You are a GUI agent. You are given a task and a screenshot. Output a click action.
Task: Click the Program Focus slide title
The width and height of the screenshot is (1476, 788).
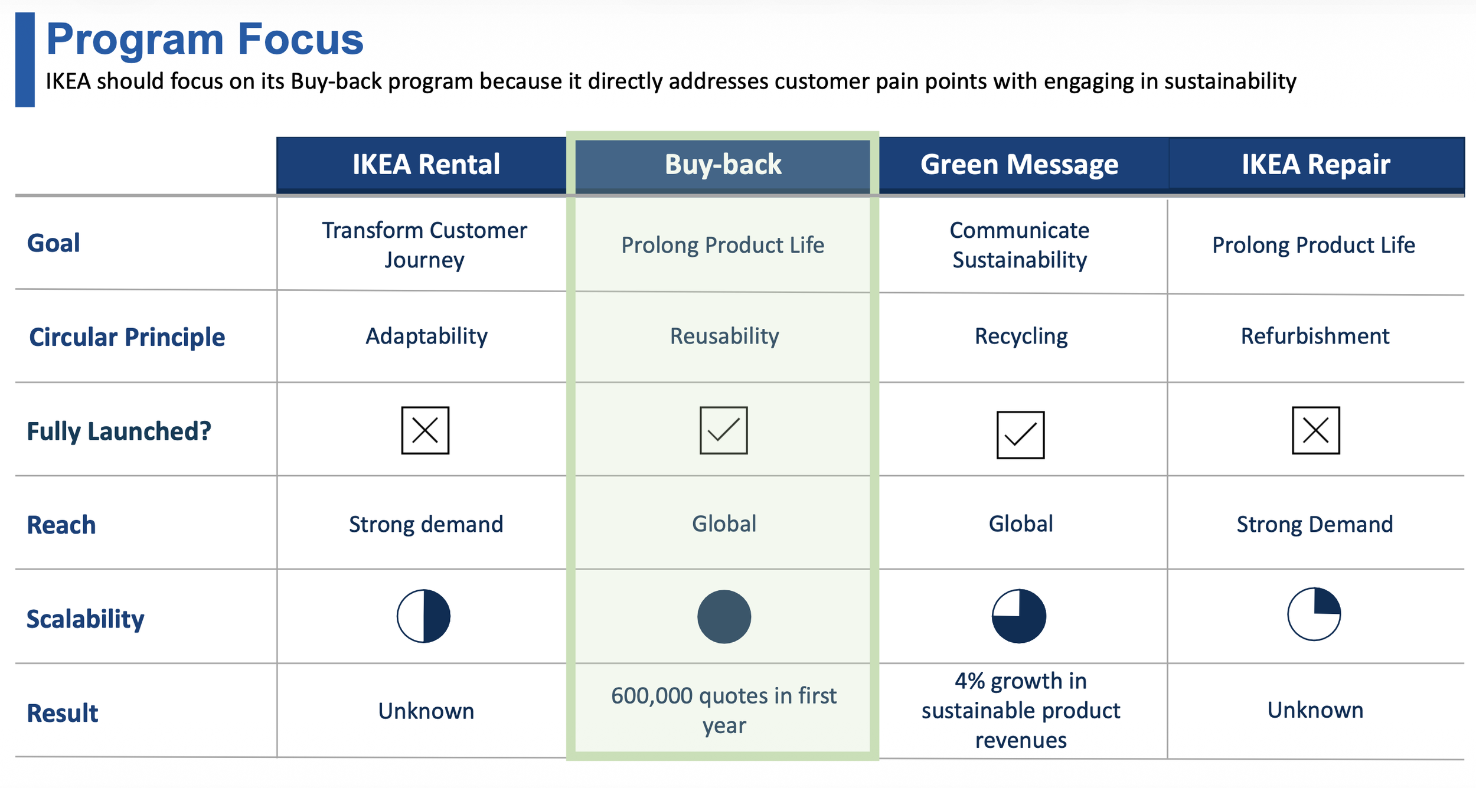(x=204, y=39)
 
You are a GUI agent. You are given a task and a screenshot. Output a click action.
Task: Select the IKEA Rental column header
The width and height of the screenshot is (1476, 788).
(x=426, y=164)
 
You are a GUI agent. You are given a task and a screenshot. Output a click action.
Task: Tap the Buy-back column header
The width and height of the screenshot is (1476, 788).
(x=723, y=164)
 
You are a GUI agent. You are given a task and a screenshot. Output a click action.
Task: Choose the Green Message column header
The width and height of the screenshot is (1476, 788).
(x=1019, y=164)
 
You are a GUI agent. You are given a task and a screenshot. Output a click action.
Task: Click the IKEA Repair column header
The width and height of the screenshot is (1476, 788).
(x=1315, y=164)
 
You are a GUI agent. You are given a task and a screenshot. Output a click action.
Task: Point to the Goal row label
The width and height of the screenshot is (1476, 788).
(x=54, y=243)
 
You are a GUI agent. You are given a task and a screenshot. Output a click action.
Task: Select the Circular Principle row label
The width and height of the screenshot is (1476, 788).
(x=127, y=337)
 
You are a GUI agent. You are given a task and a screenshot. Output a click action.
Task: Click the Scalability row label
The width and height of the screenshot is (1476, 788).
(x=86, y=619)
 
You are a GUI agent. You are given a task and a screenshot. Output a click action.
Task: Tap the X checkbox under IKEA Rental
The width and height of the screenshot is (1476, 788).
(x=425, y=430)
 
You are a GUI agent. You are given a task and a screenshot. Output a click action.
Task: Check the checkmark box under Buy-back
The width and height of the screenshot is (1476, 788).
(x=723, y=430)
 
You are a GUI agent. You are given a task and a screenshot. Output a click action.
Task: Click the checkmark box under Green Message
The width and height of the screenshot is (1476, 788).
(x=1020, y=435)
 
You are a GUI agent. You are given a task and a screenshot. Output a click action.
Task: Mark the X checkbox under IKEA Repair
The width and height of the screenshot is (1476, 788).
(x=1315, y=430)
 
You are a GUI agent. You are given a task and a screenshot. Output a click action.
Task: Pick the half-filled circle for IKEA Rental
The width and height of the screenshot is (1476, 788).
(x=423, y=616)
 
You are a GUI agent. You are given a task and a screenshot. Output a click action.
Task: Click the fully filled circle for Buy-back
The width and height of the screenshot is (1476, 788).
(x=724, y=616)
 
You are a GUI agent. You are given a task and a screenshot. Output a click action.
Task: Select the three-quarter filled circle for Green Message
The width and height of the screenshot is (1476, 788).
(x=1018, y=616)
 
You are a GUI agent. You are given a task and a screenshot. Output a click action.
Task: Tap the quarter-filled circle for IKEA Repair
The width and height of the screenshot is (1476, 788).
(x=1314, y=614)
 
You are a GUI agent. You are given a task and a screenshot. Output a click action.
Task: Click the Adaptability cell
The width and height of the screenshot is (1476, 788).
(x=426, y=336)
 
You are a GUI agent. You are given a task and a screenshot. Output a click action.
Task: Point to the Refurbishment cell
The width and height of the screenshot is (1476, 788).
(x=1315, y=336)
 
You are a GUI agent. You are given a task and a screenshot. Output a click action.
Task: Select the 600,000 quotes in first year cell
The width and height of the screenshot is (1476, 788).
(x=724, y=710)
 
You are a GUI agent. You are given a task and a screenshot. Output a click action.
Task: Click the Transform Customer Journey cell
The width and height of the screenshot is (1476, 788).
(x=424, y=244)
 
